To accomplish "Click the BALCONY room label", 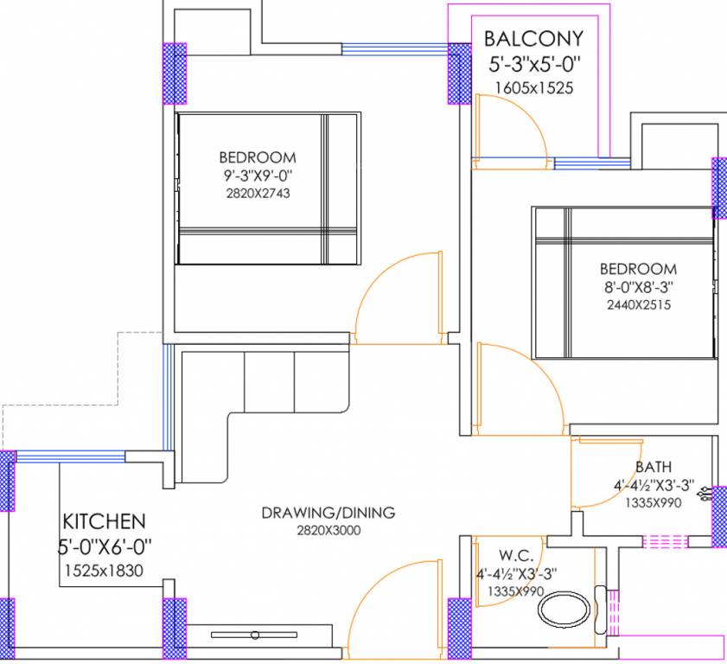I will point(533,39).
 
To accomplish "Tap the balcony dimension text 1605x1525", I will point(533,87).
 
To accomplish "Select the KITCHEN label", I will point(104,521).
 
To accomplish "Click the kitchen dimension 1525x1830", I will point(104,570).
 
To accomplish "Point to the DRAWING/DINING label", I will point(328,513).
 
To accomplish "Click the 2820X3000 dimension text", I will point(328,530).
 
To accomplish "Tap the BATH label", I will point(653,468).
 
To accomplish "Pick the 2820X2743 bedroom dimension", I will point(257,193).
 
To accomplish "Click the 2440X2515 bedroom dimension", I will point(638,304).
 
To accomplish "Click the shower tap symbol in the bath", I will point(708,495).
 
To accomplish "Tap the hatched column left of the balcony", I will point(459,73).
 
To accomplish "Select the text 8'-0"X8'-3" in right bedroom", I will point(638,288).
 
